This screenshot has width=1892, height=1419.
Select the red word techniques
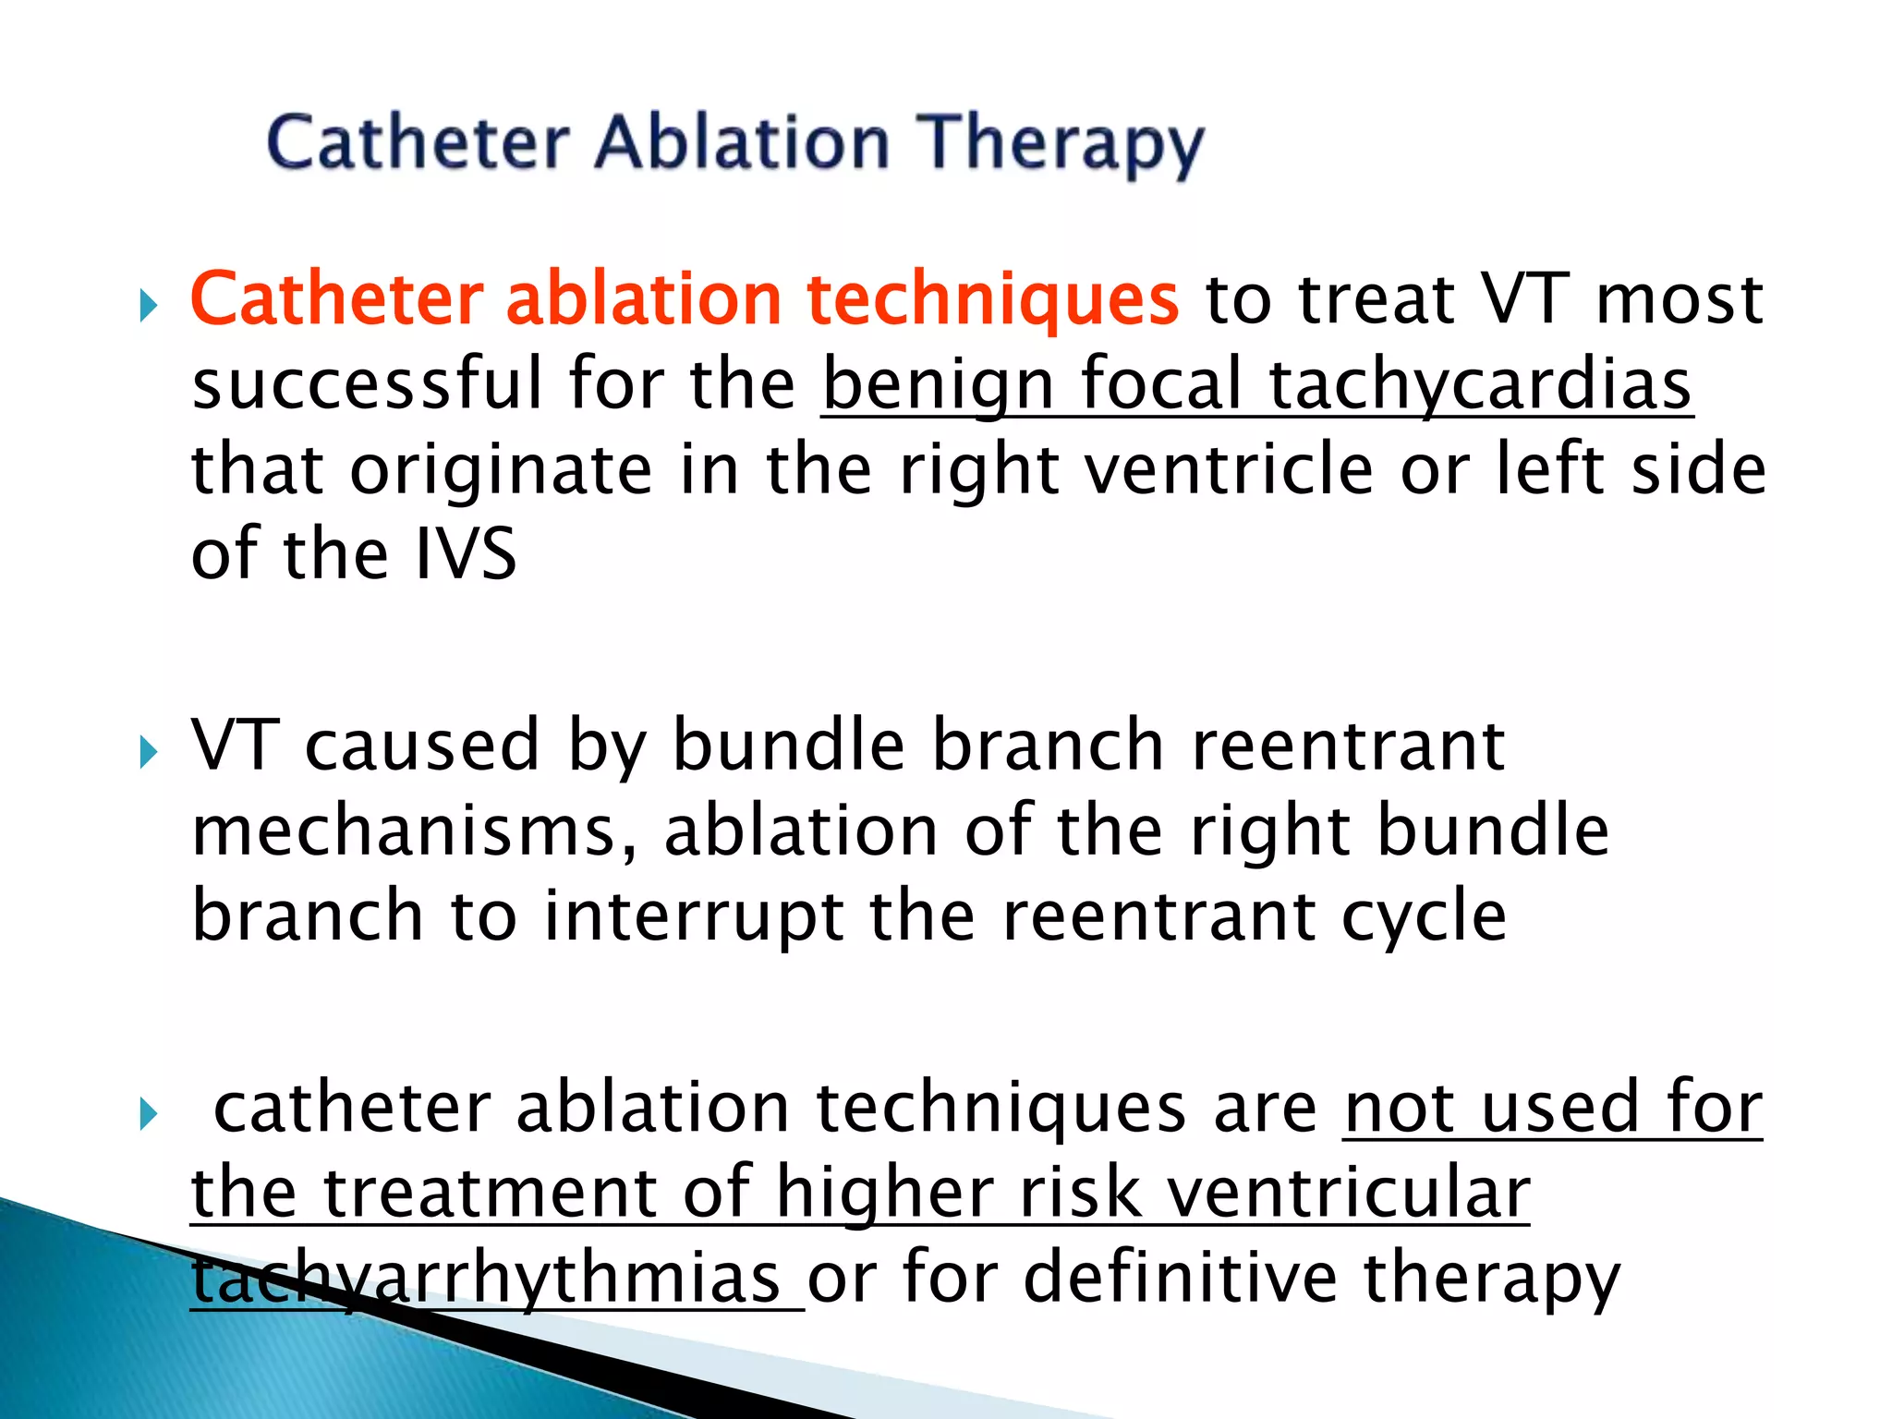(x=992, y=300)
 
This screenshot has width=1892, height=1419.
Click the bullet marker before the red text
(x=148, y=305)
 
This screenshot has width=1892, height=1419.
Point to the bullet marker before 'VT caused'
(x=148, y=752)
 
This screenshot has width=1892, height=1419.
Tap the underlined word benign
(x=938, y=385)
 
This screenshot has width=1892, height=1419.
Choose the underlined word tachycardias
(x=1479, y=385)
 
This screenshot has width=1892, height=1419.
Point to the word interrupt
(x=693, y=916)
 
